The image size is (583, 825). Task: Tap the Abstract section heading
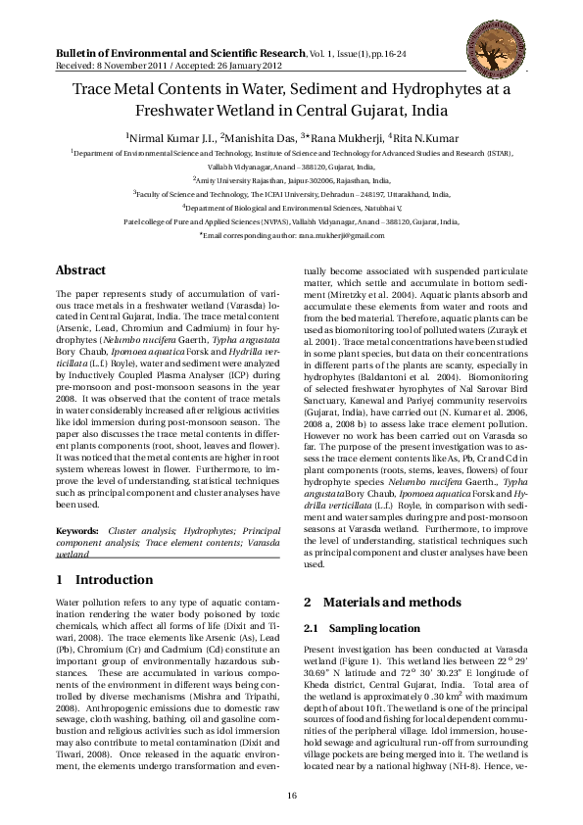[x=81, y=269]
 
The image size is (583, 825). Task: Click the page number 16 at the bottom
[x=291, y=797]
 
